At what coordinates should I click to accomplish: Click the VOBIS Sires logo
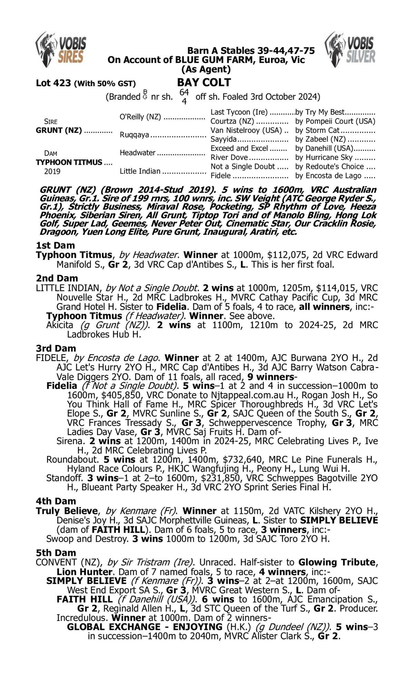61,49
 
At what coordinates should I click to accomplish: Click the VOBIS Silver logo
350,49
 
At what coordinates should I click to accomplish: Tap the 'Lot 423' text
53,83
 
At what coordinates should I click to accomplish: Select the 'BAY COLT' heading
204,82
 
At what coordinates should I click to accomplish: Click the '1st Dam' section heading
55,245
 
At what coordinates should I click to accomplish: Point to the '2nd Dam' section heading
57,278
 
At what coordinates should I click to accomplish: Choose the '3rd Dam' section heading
56,348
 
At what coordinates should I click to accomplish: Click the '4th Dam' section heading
56,501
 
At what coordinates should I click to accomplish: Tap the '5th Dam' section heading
56,552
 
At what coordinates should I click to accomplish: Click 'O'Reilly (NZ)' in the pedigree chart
140,117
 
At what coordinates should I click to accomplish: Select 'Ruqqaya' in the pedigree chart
135,135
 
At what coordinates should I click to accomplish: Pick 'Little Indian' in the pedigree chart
140,171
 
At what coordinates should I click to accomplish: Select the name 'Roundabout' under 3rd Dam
71,460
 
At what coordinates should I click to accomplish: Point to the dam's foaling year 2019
52,171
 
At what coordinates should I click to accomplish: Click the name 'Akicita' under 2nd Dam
60,325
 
